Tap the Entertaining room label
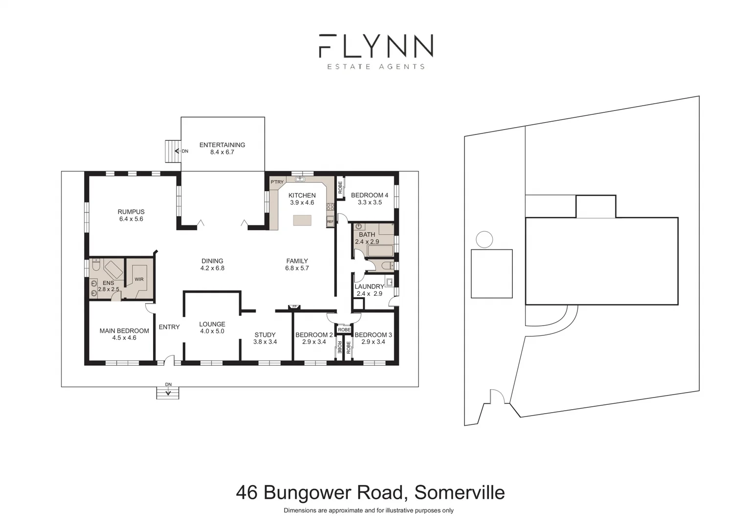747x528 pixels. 222,145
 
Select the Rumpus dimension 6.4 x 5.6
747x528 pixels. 131,219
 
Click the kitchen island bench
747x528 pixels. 302,220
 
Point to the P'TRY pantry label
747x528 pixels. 277,182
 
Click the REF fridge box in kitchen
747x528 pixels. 330,222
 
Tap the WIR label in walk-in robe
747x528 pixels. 139,279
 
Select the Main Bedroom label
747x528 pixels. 124,330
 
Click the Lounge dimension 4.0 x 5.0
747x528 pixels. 212,331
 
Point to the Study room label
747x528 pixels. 265,335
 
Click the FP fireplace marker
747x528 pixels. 294,307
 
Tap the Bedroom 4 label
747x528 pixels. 370,195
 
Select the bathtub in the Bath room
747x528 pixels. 380,251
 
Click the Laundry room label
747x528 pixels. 369,286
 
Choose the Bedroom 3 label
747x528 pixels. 373,335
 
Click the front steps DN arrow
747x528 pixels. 168,390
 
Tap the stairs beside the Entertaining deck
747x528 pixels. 171,152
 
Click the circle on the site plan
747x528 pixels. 484,240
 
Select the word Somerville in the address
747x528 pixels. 460,492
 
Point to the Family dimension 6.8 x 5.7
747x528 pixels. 297,268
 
